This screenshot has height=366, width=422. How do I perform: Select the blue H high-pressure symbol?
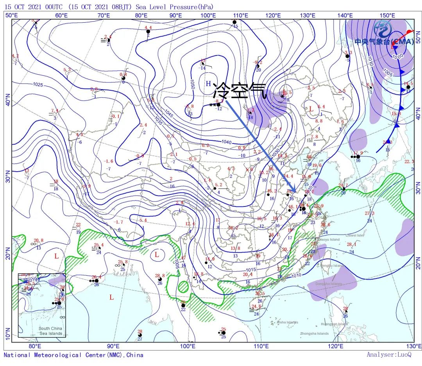pyautogui.click(x=209, y=83)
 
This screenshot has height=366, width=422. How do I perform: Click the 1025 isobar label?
pyautogui.click(x=38, y=84)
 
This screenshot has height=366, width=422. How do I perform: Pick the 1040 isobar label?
pyautogui.click(x=227, y=142)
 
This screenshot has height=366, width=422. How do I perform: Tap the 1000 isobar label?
pyautogui.click(x=397, y=56)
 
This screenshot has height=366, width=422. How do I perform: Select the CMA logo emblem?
pyautogui.click(x=381, y=29)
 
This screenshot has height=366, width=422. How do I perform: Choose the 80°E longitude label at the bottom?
pyautogui.click(x=35, y=346)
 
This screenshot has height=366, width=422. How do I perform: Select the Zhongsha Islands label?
pyautogui.click(x=314, y=334)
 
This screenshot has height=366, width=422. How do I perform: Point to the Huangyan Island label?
pyautogui.click(x=334, y=324)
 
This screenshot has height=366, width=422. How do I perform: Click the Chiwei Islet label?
pyautogui.click(x=354, y=235)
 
